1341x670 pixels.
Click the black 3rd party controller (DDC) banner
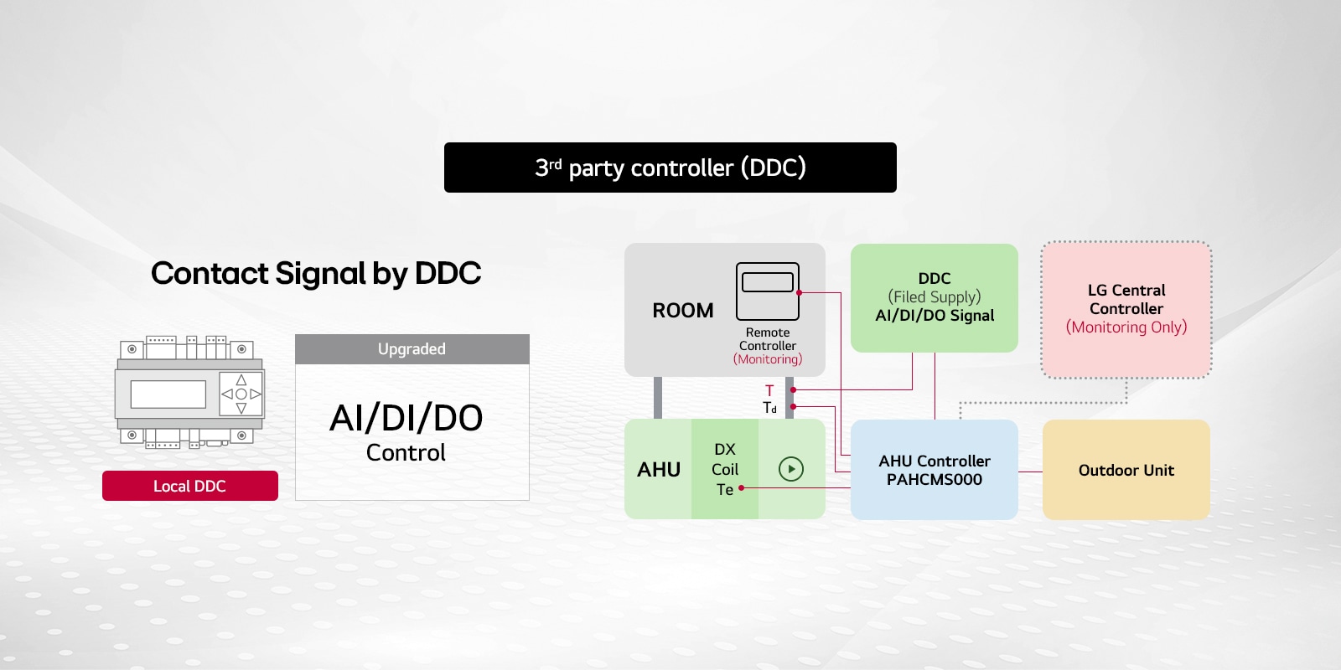pos(670,167)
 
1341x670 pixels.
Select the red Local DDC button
pos(189,486)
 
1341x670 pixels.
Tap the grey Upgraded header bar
pos(412,349)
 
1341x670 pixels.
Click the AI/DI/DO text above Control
pos(406,418)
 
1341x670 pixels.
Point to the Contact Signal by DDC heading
pos(316,273)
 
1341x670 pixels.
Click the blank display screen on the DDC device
pos(168,394)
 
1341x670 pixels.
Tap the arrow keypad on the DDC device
pos(241,394)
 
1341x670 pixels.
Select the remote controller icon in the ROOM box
pos(767,291)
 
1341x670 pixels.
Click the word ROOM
pos(683,311)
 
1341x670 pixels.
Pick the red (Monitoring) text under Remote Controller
pos(768,359)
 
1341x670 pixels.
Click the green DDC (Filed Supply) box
pos(934,297)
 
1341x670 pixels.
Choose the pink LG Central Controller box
pos(1126,309)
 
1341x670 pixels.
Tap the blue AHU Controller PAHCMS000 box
pos(934,470)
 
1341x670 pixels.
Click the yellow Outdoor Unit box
pos(1126,470)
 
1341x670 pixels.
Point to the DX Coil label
pos(725,459)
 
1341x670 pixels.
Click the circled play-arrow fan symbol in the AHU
pos(791,469)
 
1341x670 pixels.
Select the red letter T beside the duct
pos(769,390)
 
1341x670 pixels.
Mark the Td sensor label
pos(769,408)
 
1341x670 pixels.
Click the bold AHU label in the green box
pos(659,470)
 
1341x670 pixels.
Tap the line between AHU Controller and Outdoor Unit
pos(1030,472)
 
